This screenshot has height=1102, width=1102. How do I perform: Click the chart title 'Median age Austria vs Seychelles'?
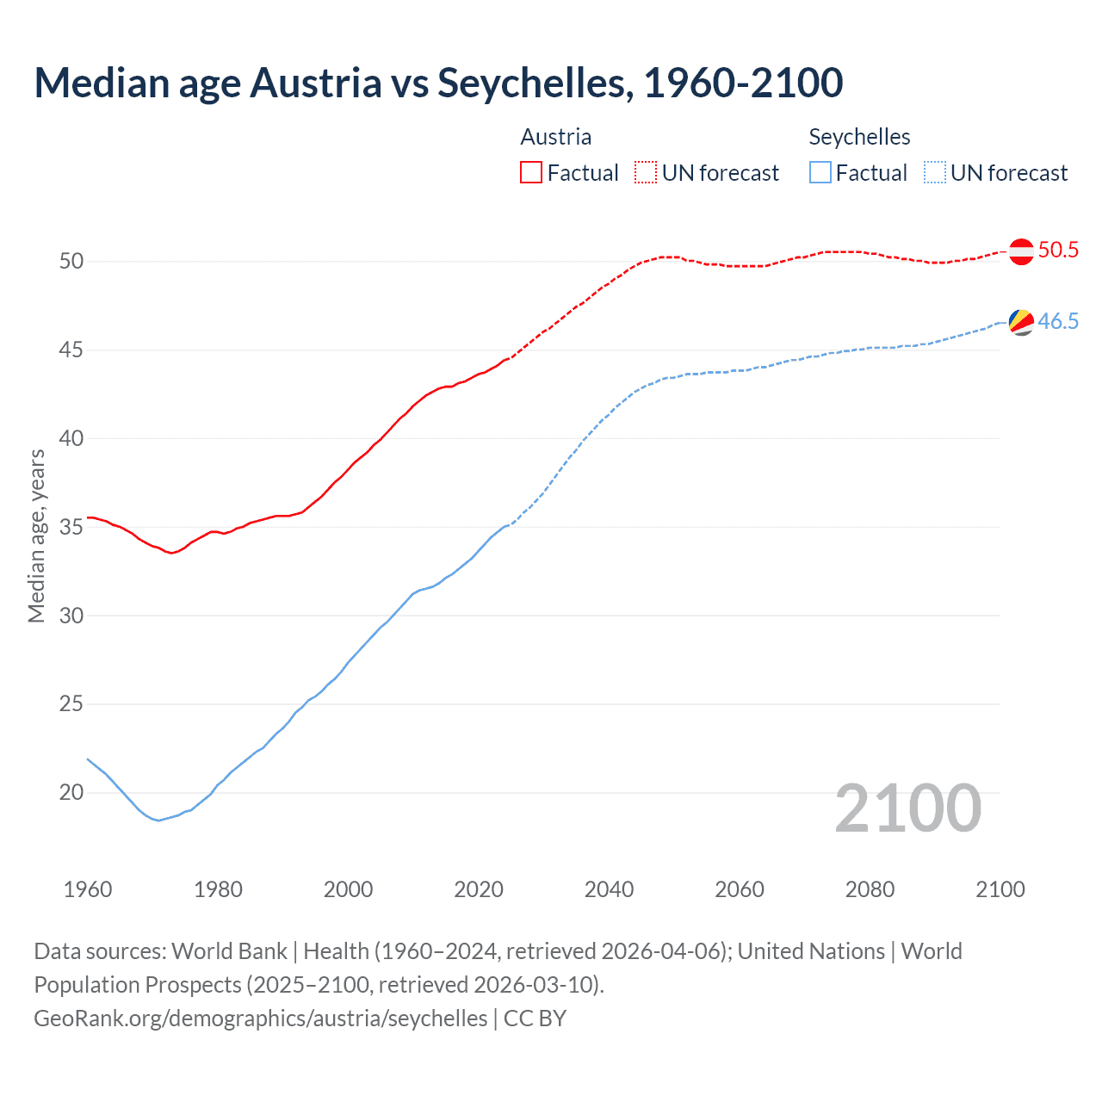(437, 83)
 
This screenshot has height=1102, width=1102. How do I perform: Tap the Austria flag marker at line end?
(1020, 251)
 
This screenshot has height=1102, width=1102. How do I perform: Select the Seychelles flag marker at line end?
(1020, 322)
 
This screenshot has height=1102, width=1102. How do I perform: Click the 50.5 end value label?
(1058, 251)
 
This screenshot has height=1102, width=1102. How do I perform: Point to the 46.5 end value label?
(1058, 322)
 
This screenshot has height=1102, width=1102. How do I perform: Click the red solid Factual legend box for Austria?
(531, 173)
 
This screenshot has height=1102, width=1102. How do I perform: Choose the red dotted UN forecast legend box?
(646, 173)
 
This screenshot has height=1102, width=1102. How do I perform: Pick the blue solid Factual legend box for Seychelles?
(820, 173)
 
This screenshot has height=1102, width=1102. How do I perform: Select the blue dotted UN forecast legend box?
(935, 173)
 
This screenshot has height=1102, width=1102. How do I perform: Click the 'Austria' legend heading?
(555, 137)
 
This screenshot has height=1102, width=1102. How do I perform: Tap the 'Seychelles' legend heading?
(859, 137)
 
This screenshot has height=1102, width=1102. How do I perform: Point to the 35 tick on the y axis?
(71, 527)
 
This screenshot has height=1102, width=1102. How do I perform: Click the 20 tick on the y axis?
(71, 793)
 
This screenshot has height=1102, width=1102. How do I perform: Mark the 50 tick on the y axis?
(71, 261)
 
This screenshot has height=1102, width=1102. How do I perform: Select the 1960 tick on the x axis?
(88, 889)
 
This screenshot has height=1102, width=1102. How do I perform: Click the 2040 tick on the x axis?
(609, 889)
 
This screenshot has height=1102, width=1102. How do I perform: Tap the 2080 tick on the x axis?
(870, 889)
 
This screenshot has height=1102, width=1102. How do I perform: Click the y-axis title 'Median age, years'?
(36, 536)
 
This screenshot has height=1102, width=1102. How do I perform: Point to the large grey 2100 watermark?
(907, 808)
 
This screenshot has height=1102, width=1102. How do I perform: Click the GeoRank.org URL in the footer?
(260, 1018)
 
